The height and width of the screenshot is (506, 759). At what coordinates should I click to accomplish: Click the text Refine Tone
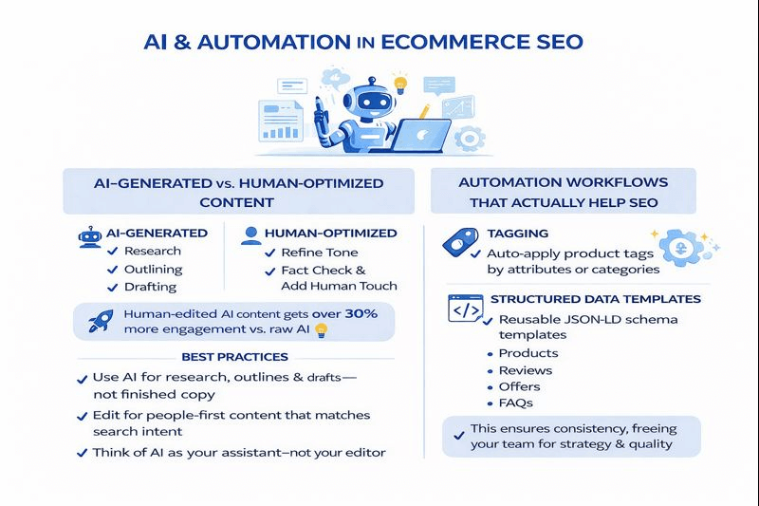320,253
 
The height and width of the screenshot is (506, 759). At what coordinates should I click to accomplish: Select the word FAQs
517,403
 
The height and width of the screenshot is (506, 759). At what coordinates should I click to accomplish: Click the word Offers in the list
519,386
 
